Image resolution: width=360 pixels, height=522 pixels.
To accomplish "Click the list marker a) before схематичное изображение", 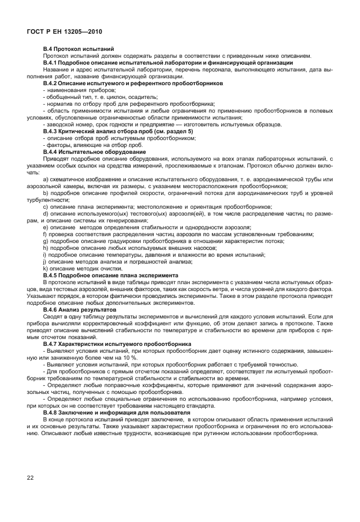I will [x=45, y=179].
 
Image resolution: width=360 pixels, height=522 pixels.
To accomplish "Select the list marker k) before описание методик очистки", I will [x=45, y=268].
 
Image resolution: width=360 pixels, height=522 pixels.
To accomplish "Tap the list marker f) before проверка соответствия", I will [x=45, y=234].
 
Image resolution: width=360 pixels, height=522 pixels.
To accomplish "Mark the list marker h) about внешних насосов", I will [x=45, y=248].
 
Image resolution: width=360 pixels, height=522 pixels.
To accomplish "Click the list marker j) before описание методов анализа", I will [x=45, y=261].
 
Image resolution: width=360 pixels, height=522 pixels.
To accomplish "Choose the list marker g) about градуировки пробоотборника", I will [x=45, y=241].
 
